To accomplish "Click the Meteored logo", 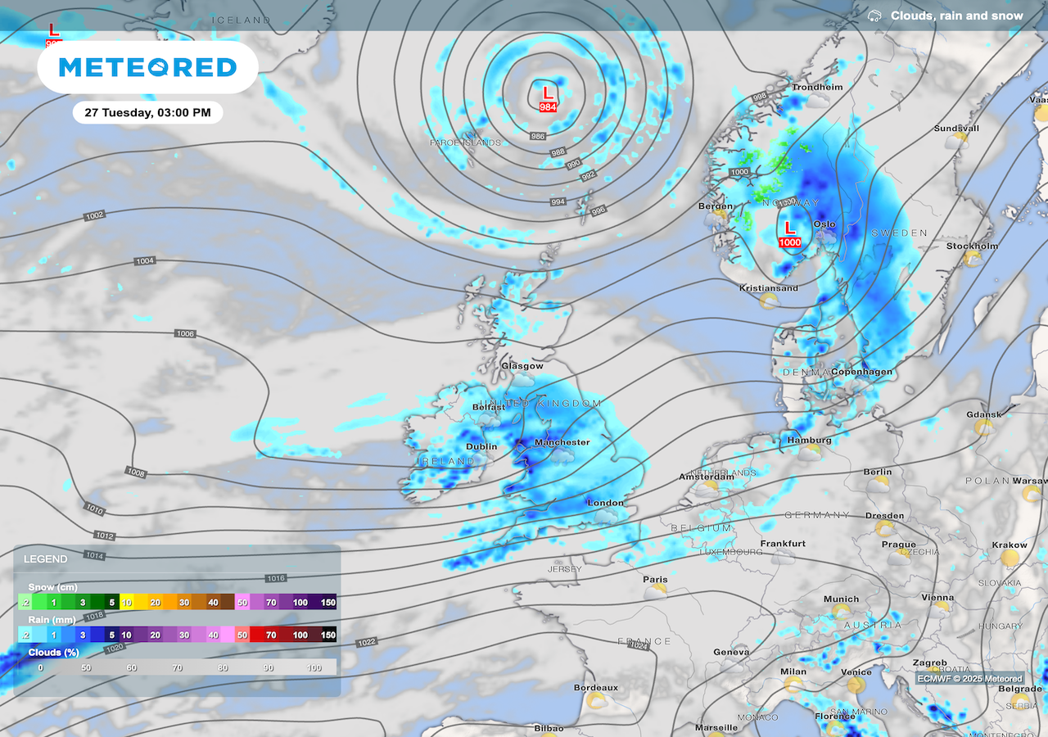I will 147,67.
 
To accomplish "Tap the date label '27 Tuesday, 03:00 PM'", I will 147,112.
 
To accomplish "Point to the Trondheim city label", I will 816,88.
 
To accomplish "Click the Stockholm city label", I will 972,246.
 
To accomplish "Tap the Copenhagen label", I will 861,372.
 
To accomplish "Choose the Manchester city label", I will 562,442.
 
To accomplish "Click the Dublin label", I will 481,447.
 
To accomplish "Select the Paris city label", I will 655,580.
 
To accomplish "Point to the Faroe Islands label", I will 465,142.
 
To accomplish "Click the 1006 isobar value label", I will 185,334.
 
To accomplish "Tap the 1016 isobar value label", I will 275,579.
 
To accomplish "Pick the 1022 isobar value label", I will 366,643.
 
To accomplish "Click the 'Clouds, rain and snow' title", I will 956,16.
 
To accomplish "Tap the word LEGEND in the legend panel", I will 46,559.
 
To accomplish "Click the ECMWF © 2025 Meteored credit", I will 969,679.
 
